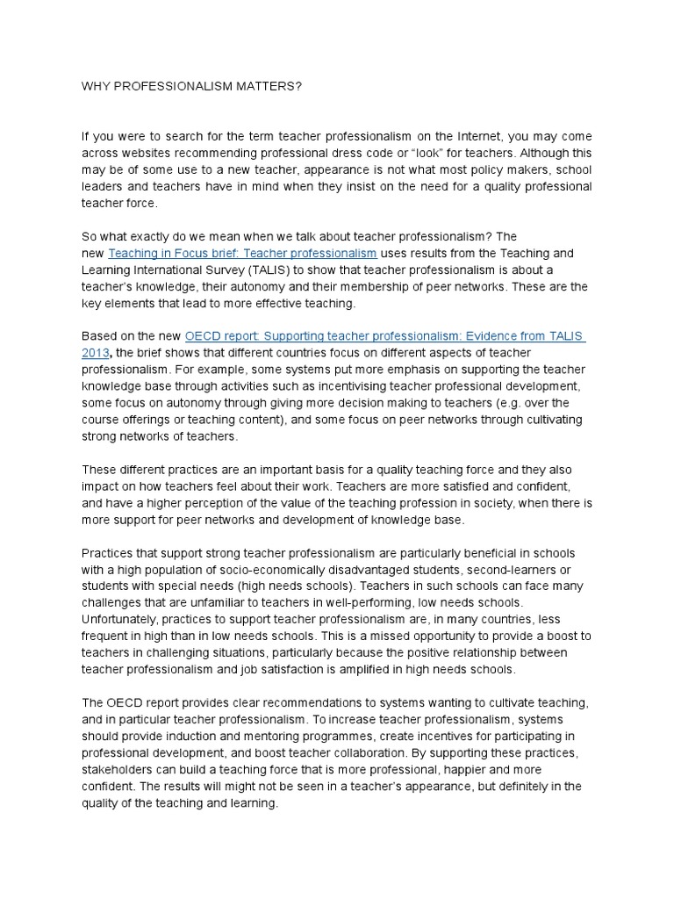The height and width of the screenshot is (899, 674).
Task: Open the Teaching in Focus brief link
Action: [243, 254]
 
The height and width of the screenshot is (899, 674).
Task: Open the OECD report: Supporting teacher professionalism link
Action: [384, 336]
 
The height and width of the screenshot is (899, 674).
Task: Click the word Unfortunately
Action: [122, 620]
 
